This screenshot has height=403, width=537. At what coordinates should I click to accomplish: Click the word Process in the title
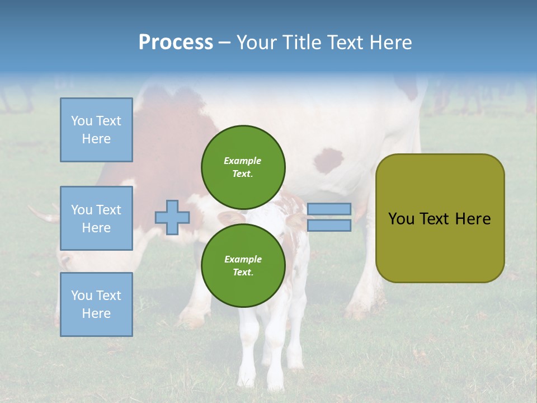point(175,43)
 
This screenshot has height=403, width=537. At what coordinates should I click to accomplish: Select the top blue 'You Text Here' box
point(96,130)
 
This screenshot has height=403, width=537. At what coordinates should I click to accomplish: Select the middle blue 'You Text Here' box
point(96,218)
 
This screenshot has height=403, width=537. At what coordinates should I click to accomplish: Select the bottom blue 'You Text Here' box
point(96,304)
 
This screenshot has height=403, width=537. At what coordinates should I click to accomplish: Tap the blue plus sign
point(172,217)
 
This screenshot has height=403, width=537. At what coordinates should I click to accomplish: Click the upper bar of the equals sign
point(329,209)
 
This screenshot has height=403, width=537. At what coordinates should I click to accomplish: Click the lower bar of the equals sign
point(329,226)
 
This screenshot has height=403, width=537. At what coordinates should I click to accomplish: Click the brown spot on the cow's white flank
point(329,160)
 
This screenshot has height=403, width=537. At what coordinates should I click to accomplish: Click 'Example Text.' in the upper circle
point(243,167)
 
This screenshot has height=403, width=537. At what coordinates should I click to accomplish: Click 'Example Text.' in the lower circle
point(243,265)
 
